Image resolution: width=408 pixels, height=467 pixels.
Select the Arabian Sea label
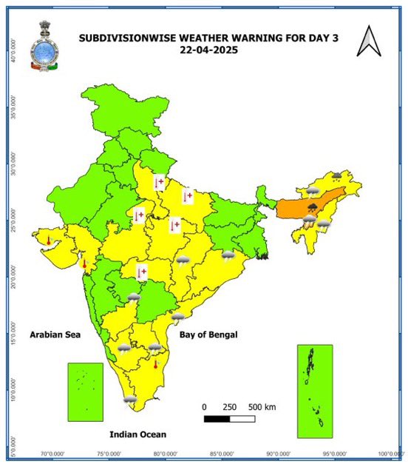click(55, 335)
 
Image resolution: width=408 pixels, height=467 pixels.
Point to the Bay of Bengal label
click(208, 335)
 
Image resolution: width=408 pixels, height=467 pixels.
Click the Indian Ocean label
click(137, 434)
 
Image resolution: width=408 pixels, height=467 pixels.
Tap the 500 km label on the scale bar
click(261, 407)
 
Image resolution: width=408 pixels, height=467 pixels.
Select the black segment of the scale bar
click(217, 419)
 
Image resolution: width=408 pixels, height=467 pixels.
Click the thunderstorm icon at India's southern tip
click(130, 400)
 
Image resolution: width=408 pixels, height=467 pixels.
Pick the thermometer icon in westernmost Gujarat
click(48, 241)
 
